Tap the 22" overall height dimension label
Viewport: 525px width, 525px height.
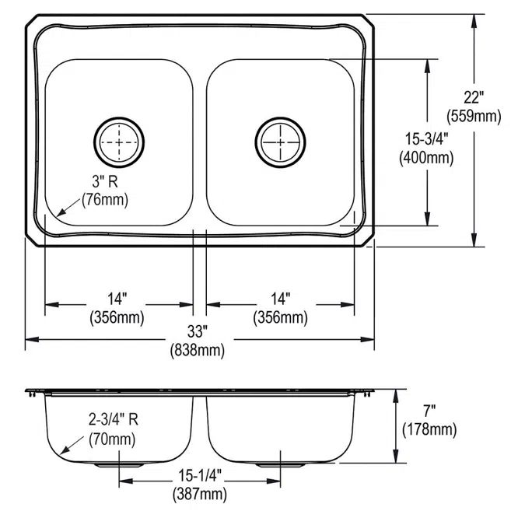(x=474, y=97)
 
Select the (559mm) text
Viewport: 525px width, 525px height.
(x=474, y=116)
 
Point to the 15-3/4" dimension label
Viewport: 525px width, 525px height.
(x=426, y=138)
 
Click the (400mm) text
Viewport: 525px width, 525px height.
(x=426, y=158)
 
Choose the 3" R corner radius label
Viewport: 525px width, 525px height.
(x=105, y=182)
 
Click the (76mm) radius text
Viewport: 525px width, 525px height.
(x=105, y=200)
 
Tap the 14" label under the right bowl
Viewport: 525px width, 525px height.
(x=280, y=299)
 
